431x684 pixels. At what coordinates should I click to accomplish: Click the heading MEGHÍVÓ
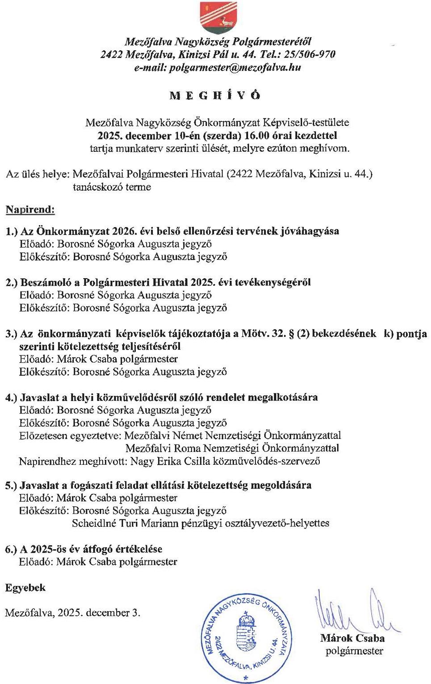(215, 95)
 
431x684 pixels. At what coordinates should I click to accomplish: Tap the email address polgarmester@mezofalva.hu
(218, 67)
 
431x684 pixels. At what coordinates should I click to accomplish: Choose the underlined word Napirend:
(30, 209)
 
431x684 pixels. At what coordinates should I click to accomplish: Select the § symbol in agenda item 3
(291, 334)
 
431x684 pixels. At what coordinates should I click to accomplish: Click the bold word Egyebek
(25, 588)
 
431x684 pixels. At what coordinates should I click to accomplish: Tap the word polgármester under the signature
(354, 651)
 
